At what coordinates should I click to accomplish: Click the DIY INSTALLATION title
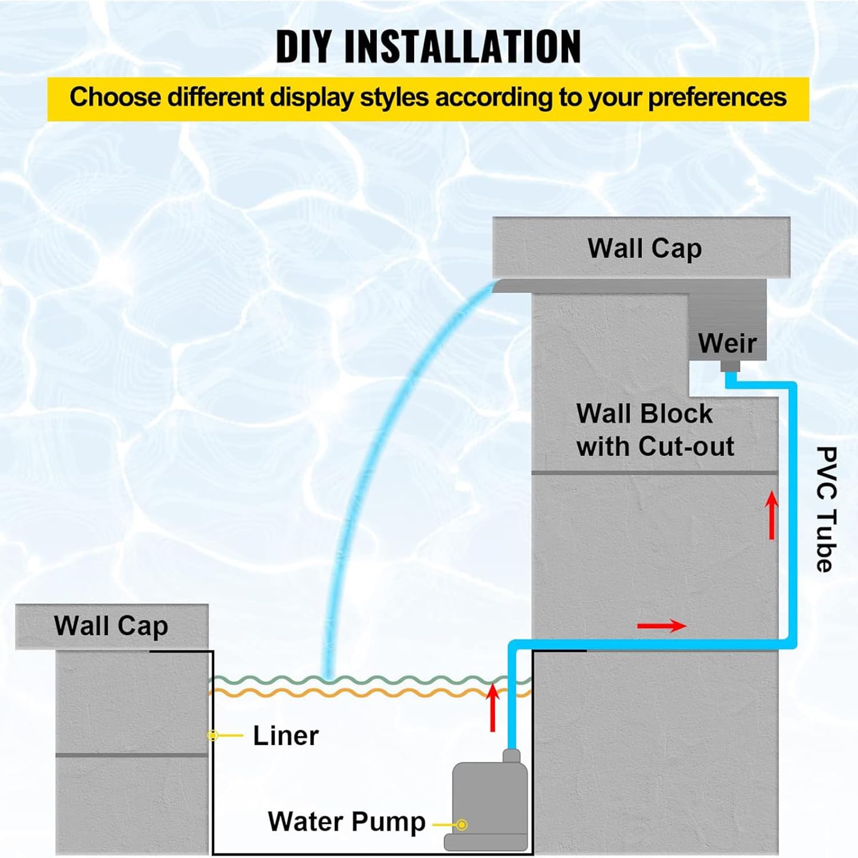tap(428, 46)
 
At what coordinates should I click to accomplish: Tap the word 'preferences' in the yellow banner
tap(717, 97)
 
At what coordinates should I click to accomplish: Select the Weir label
tap(727, 343)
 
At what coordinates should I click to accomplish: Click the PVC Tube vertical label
tap(827, 509)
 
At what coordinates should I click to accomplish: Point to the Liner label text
tap(285, 736)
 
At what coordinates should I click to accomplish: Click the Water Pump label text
tap(347, 821)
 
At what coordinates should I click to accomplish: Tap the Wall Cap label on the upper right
tap(645, 249)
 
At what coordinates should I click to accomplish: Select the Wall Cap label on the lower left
tap(111, 626)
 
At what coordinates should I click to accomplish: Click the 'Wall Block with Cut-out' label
tap(655, 430)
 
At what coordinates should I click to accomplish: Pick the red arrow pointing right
tap(662, 626)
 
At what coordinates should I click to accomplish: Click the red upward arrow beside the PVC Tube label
tap(772, 515)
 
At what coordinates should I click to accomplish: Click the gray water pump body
tap(487, 801)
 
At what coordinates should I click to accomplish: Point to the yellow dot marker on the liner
tap(213, 736)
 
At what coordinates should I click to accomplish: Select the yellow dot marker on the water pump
tap(462, 825)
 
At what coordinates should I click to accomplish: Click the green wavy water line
tap(371, 680)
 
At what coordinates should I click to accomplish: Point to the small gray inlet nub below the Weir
tap(730, 366)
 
